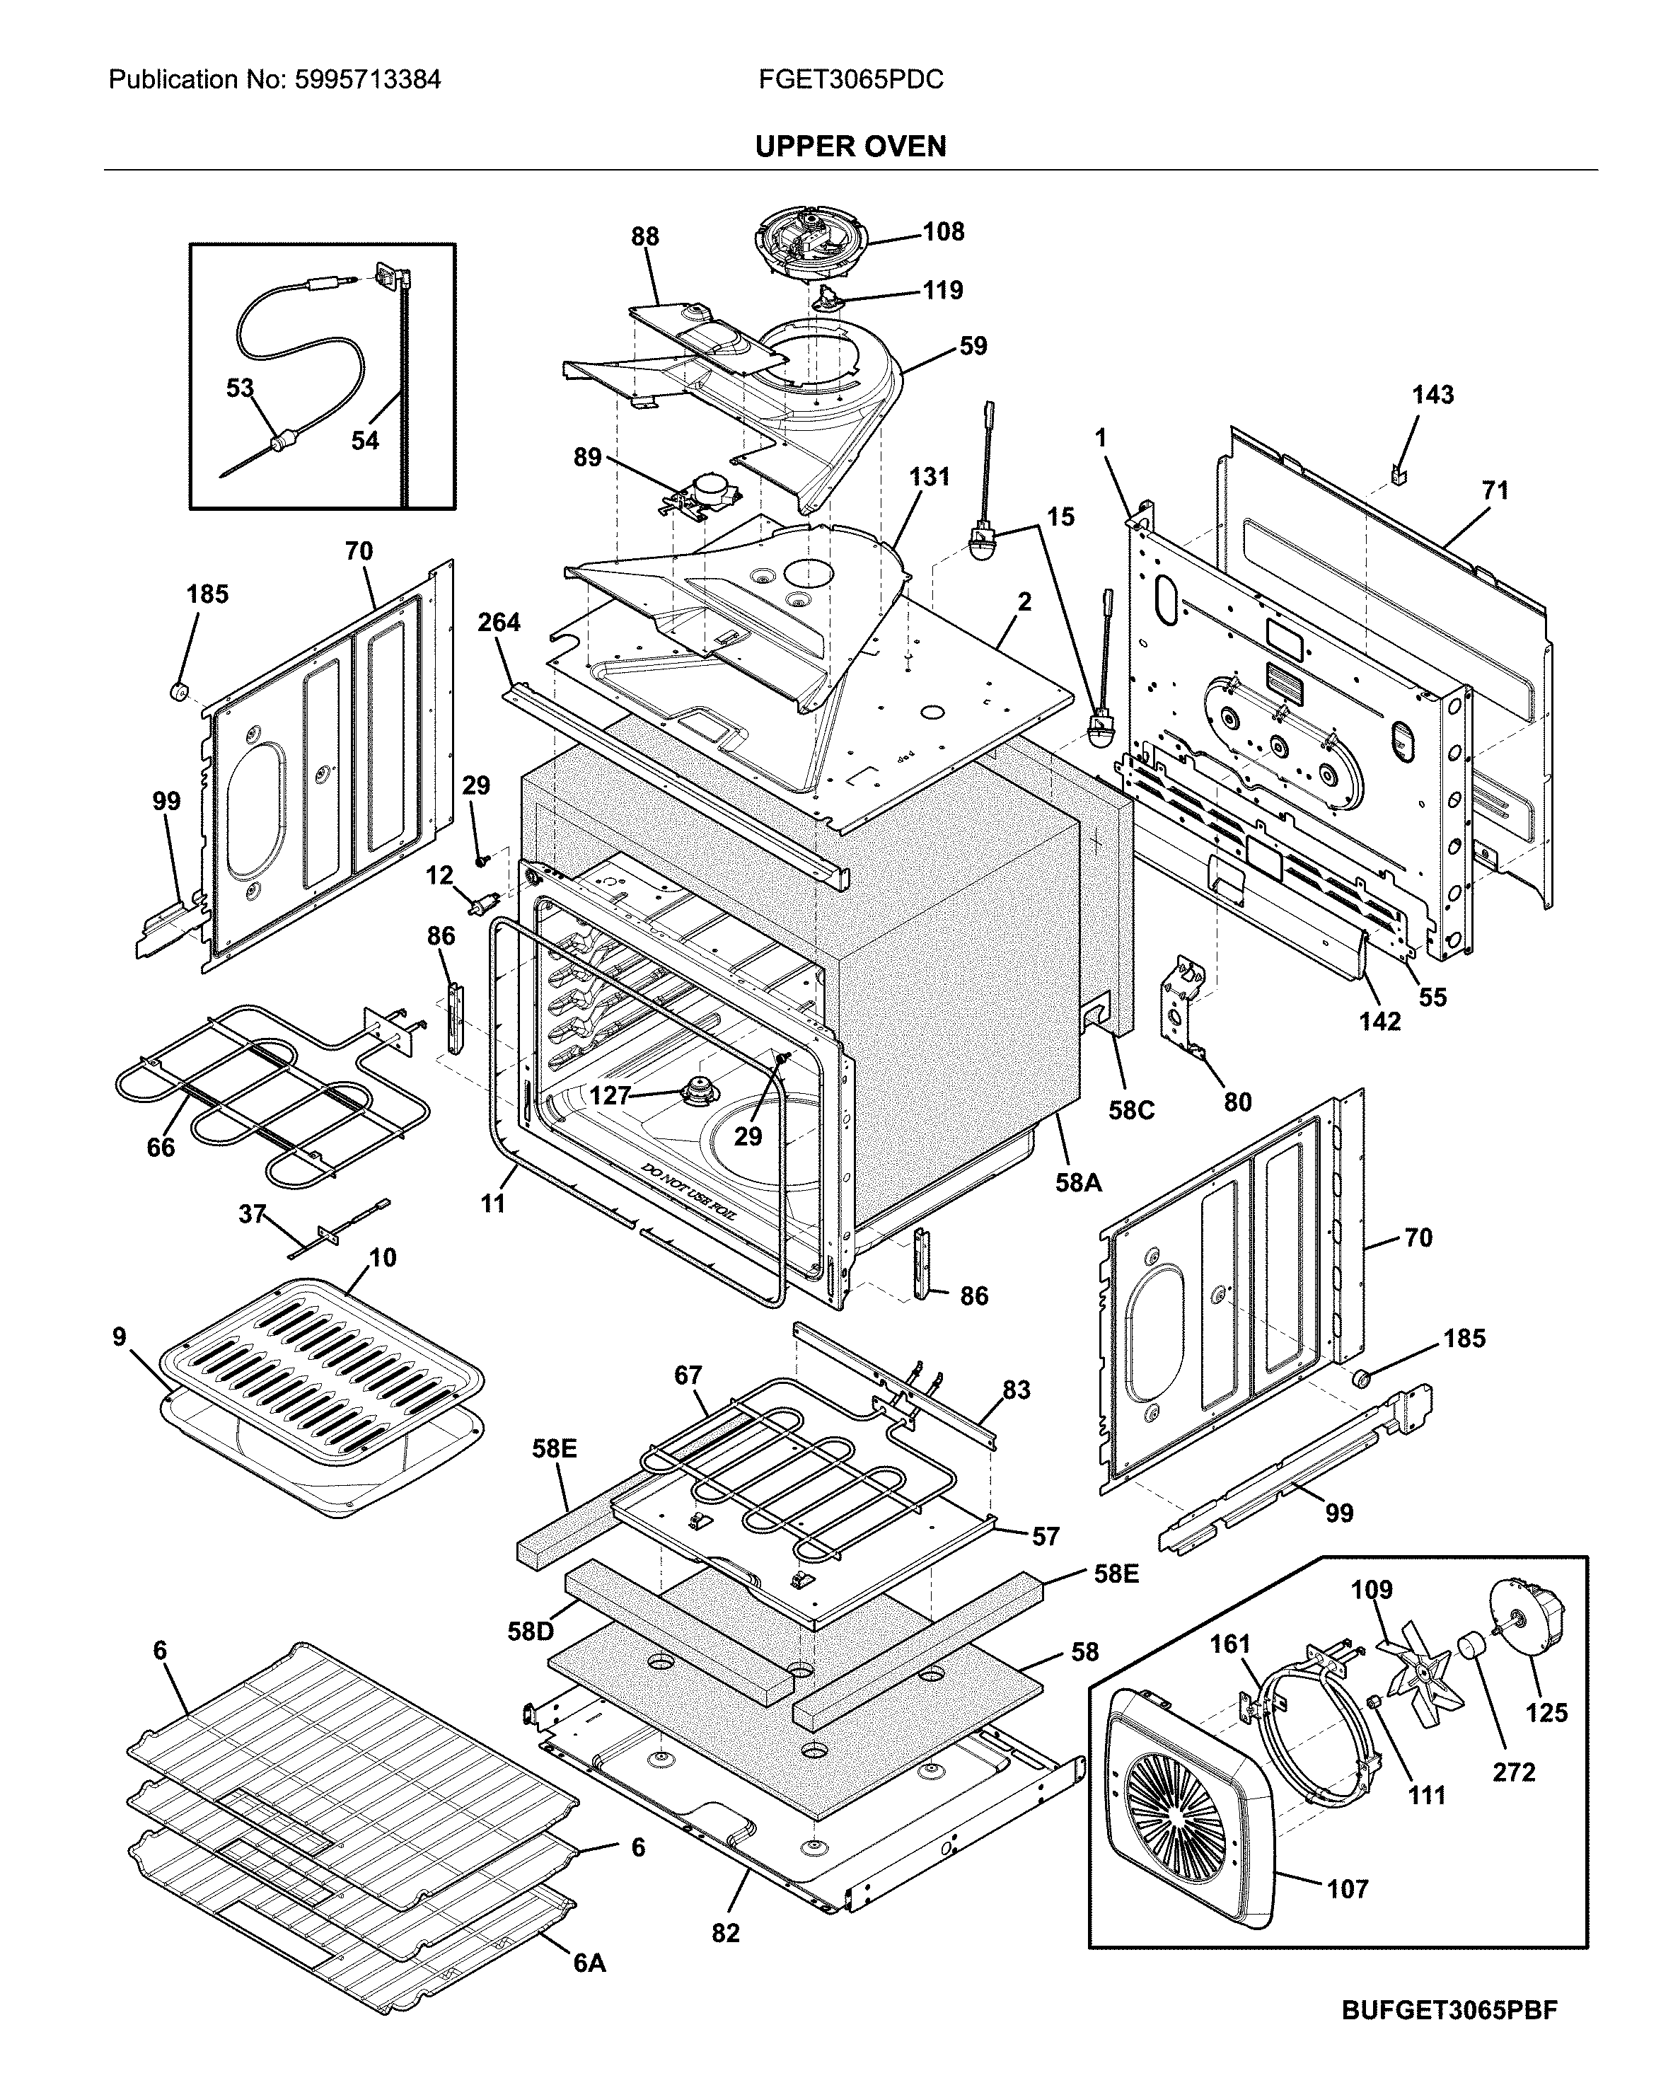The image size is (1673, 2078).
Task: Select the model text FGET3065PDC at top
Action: [851, 80]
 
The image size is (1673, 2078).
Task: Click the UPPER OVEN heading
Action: [851, 146]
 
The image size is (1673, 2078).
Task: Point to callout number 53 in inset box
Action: [240, 388]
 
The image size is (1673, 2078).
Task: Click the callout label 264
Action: [499, 623]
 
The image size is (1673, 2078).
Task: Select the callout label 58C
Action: [1131, 1110]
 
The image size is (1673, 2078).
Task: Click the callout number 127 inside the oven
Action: [609, 1095]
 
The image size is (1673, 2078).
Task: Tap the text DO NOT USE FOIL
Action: [690, 1193]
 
